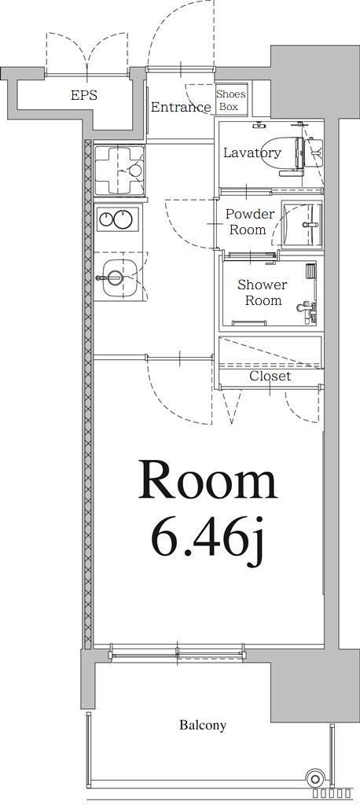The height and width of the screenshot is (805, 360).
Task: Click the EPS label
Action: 84,95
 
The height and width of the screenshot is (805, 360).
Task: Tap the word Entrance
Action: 181,107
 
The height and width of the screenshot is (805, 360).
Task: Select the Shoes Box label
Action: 231,100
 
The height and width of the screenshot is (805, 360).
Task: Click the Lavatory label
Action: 252,153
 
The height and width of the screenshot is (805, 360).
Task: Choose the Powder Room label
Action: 250,221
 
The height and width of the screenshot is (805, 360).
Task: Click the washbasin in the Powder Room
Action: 303,224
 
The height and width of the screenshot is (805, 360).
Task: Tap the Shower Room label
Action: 263,292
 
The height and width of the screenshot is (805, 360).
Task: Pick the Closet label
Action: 270,377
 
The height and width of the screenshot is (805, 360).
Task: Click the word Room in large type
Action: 208,480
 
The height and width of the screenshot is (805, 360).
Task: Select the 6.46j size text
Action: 208,544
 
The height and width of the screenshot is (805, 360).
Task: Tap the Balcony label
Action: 203,726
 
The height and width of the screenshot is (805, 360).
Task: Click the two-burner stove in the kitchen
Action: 118,219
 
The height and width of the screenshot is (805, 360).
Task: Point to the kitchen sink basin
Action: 119,278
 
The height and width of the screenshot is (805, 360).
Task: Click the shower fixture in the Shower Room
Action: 307,311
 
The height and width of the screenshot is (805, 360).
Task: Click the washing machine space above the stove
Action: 119,170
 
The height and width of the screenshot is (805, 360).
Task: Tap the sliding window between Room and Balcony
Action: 177,654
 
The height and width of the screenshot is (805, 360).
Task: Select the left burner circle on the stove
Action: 106,219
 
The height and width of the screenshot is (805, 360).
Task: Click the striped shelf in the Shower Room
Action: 310,270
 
